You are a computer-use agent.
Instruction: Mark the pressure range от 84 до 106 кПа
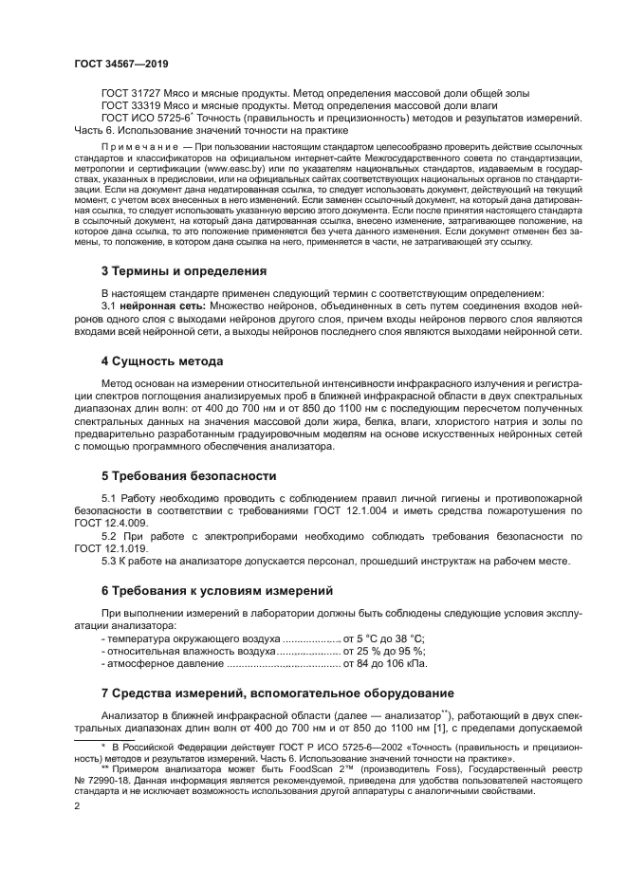click(380, 665)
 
